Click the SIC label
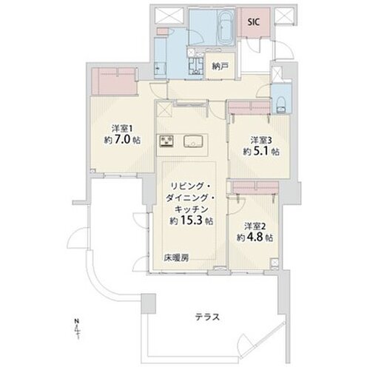pyautogui.click(x=254, y=22)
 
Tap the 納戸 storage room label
pyautogui.click(x=220, y=66)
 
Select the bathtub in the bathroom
pyautogui.click(x=226, y=28)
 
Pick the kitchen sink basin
pyautogui.click(x=193, y=141)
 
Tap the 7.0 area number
pyautogui.click(x=121, y=140)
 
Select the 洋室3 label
pyautogui.click(x=261, y=141)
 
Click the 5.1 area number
pyautogui.click(x=260, y=152)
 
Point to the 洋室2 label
pyautogui.click(x=255, y=226)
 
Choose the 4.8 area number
pyautogui.click(x=255, y=238)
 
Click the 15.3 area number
pyautogui.click(x=192, y=221)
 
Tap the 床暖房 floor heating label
pyautogui.click(x=177, y=258)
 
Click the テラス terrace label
pyautogui.click(x=207, y=317)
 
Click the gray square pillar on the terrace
pyautogui.click(x=148, y=303)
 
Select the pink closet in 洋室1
pyautogui.click(x=114, y=81)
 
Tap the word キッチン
pyautogui.click(x=192, y=209)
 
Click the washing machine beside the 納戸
pyautogui.click(x=196, y=65)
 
